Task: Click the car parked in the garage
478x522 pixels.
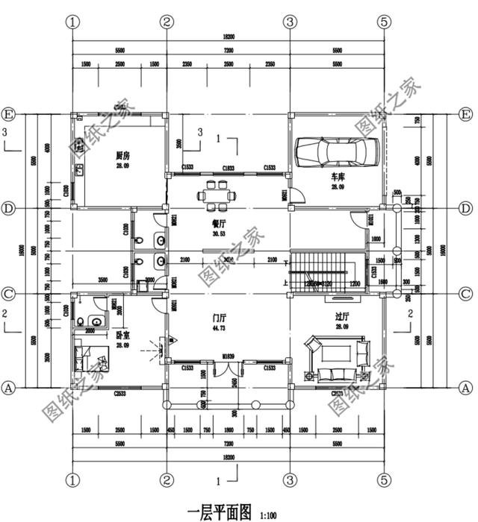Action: [x=335, y=152]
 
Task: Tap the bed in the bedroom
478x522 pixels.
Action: [x=91, y=356]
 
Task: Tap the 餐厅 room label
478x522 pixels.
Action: [x=220, y=223]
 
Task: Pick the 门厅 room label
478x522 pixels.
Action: [x=219, y=318]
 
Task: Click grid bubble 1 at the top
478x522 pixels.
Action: [x=72, y=22]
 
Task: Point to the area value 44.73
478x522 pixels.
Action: [x=219, y=328]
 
